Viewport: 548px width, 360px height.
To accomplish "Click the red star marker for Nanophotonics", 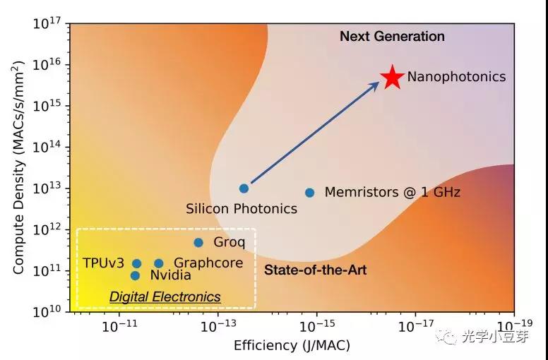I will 392,78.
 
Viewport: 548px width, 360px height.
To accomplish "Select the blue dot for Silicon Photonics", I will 244,188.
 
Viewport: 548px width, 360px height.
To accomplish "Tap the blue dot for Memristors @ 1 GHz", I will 309,192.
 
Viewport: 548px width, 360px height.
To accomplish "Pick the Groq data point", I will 198,243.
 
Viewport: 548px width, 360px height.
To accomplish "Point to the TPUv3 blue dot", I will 137,263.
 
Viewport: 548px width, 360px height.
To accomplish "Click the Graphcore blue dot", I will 159,263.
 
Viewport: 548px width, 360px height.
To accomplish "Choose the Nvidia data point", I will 135,275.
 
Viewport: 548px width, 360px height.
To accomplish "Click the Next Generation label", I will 392,36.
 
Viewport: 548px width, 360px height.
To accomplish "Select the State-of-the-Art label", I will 315,270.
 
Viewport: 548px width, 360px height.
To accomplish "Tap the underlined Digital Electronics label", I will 165,297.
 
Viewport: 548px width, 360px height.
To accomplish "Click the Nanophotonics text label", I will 456,77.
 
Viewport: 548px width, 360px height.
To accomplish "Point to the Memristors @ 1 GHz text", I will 392,192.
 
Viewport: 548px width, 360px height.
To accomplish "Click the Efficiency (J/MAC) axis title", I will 292,345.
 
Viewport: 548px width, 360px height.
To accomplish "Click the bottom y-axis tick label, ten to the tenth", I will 46,311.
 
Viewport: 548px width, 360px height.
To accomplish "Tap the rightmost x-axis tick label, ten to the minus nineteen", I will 513,326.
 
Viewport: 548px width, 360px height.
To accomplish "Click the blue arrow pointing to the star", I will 315,133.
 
